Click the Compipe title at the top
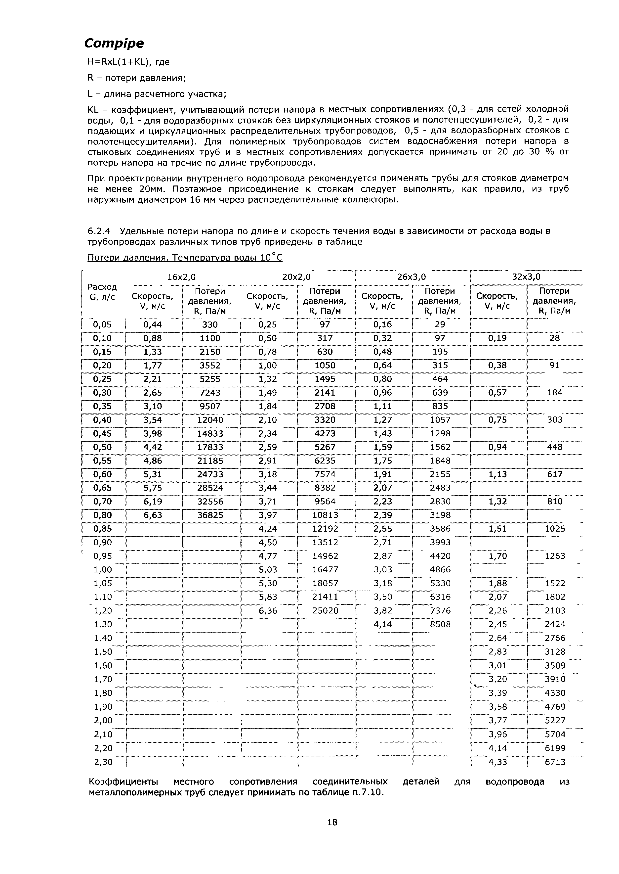click(114, 44)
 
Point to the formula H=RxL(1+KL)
click(128, 62)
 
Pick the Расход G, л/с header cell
click(102, 292)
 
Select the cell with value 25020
click(325, 610)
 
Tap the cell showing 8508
click(440, 624)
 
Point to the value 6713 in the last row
click(555, 762)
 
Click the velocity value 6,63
click(153, 515)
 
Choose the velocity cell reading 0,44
click(153, 324)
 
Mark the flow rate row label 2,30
click(103, 762)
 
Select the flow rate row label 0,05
click(102, 324)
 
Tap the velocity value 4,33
click(498, 762)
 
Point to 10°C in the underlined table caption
click(271, 258)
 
